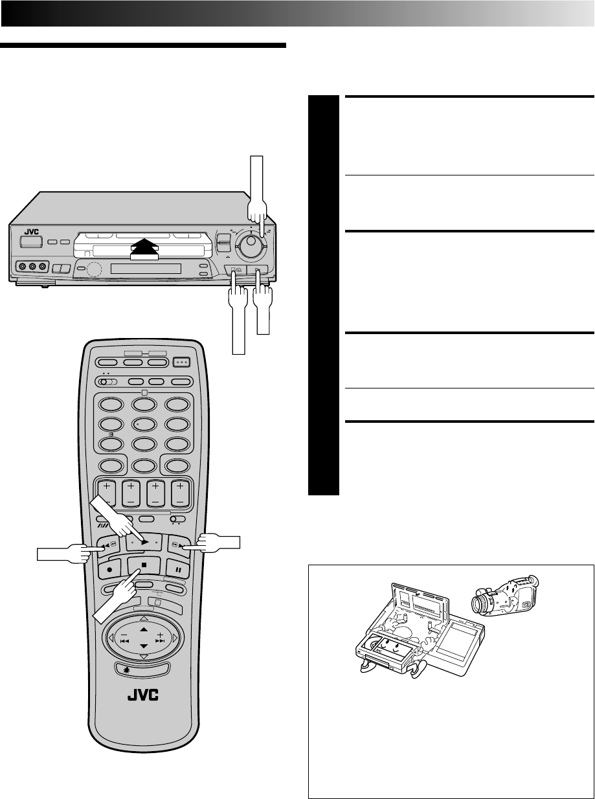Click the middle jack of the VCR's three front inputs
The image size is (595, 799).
tap(32, 266)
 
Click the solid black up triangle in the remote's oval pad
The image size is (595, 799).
tap(144, 629)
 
